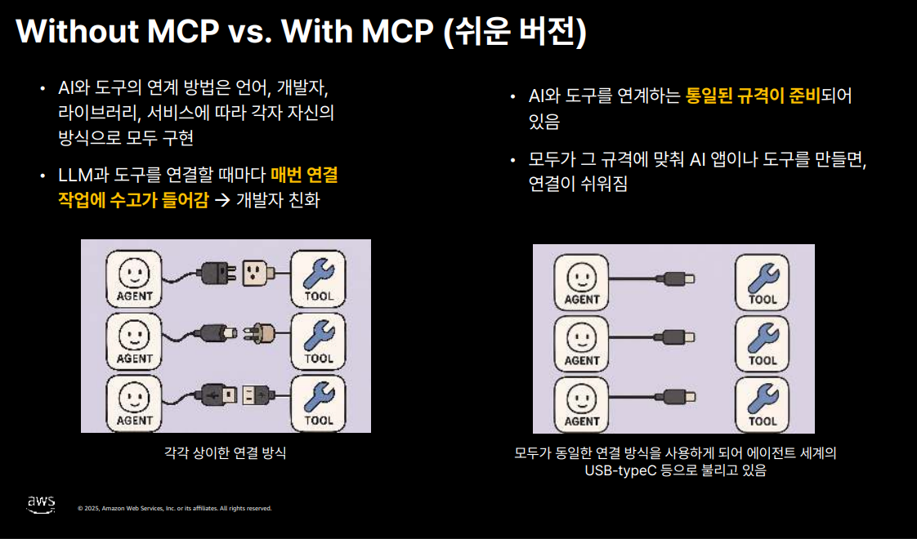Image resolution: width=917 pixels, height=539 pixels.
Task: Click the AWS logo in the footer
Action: [41, 504]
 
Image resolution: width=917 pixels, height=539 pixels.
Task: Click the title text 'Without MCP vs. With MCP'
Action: [223, 31]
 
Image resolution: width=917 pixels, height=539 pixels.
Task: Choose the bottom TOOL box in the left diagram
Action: [319, 403]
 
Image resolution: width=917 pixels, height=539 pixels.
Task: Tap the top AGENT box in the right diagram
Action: [582, 283]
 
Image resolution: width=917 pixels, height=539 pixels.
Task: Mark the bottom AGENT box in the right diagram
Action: [582, 403]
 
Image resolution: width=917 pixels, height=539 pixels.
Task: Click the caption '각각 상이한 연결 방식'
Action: [226, 452]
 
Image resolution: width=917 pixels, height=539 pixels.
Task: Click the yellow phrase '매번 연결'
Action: [304, 175]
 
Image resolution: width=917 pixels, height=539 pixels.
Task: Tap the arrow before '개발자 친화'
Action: [222, 200]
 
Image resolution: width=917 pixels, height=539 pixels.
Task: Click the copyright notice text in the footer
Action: [174, 508]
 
